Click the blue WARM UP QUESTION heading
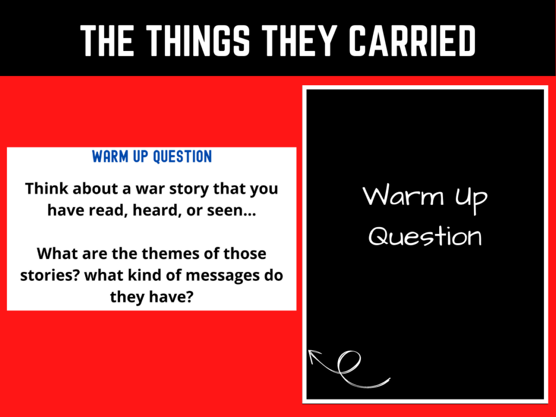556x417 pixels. (x=152, y=157)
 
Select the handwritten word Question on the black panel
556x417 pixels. (x=425, y=237)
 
